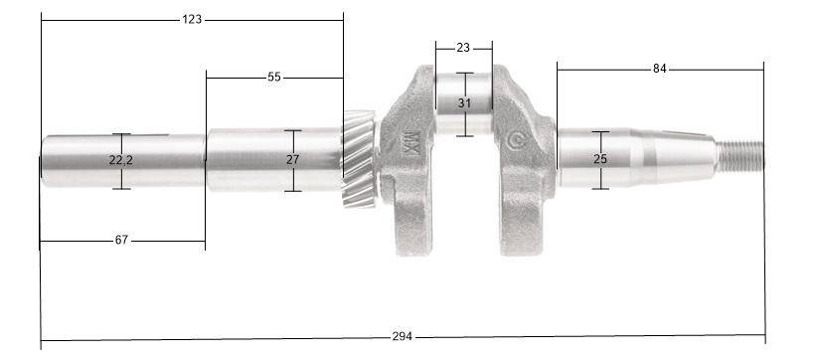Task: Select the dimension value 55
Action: click(274, 77)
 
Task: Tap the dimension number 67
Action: click(122, 240)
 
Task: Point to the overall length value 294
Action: click(402, 337)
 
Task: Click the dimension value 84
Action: click(660, 69)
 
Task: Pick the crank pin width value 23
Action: click(464, 47)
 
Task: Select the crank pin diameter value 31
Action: click(464, 103)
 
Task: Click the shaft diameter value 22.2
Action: click(121, 160)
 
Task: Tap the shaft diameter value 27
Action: click(292, 159)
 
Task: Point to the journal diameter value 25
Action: click(600, 159)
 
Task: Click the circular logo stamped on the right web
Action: click(516, 140)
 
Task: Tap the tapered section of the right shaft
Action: click(686, 156)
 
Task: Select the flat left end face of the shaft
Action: click(42, 160)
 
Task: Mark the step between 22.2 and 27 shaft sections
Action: click(206, 159)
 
